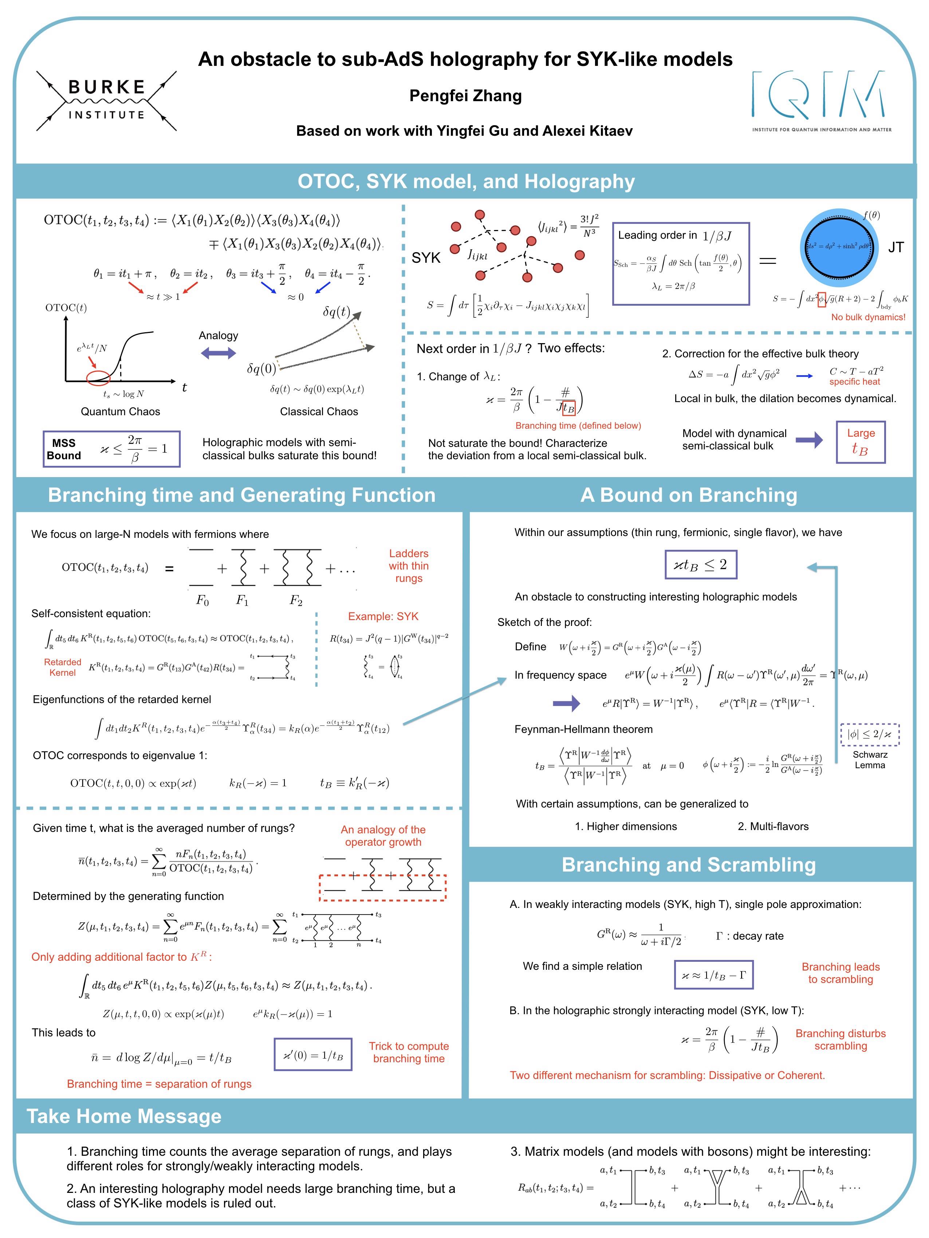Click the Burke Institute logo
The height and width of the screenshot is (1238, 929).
pos(106,101)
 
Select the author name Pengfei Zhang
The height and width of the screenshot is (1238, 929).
pos(465,96)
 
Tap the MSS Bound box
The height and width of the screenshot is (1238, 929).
pos(111,449)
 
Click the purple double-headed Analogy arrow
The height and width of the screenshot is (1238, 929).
pos(219,353)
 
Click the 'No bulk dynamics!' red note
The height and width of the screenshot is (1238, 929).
pos(868,317)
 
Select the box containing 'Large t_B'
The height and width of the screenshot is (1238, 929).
pos(861,442)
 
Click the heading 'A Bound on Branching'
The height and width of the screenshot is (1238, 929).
pos(689,495)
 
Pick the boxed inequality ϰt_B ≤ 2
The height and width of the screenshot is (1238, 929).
pos(701,565)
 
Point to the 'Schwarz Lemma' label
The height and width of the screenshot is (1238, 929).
pos(870,760)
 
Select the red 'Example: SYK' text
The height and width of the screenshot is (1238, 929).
pos(383,616)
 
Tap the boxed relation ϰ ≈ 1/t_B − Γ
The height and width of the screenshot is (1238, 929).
pos(713,975)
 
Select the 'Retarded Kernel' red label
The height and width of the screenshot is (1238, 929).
pos(62,668)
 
